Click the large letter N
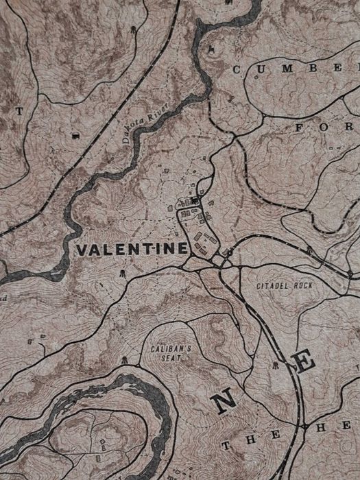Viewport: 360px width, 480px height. click(224, 403)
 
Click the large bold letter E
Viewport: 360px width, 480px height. click(304, 362)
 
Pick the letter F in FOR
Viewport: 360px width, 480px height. click(300, 128)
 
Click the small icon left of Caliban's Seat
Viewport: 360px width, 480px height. click(124, 360)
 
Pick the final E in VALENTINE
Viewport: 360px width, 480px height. click(181, 248)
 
